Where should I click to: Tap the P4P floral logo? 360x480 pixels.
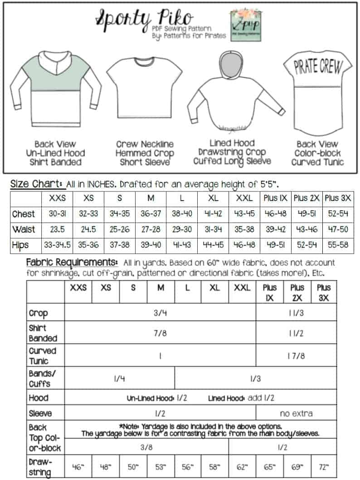pyautogui.click(x=245, y=23)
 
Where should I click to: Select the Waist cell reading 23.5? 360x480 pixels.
pyautogui.click(x=57, y=229)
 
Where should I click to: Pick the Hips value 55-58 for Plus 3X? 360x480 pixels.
pyautogui.click(x=337, y=245)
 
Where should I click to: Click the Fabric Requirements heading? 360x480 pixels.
pyautogui.click(x=72, y=262)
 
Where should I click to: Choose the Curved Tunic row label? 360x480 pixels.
pyautogui.click(x=43, y=356)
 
